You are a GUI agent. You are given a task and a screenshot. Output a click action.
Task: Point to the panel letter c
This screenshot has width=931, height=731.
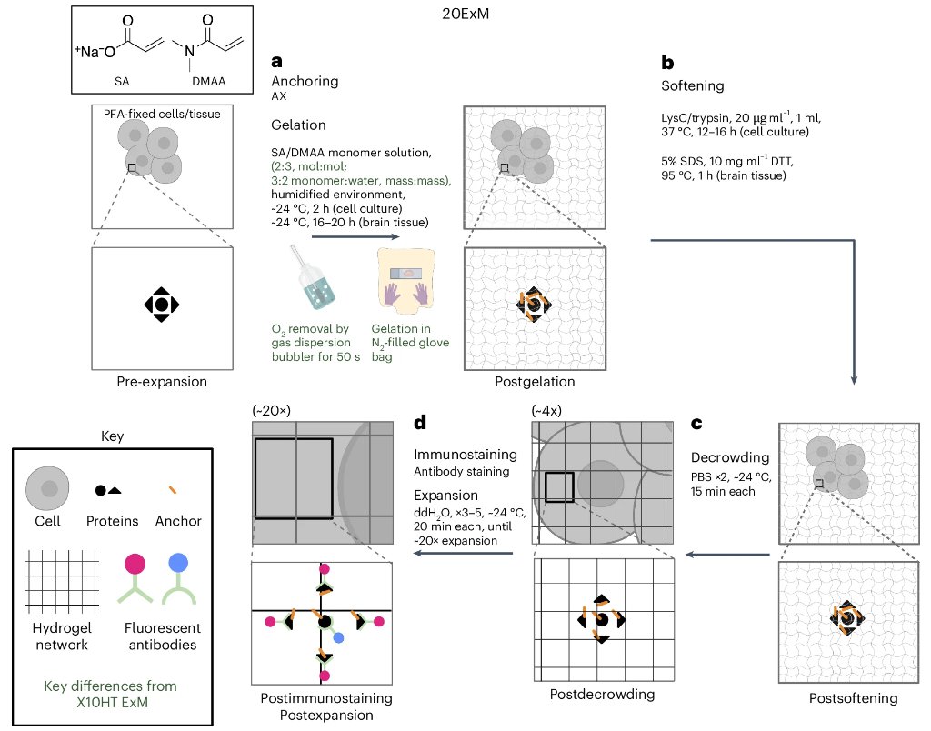696,424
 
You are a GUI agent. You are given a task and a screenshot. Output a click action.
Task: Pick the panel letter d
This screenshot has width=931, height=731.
419,424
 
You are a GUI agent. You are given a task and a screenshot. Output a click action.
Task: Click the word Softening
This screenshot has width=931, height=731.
692,86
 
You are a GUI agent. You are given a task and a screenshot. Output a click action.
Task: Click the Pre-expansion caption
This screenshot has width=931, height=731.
161,382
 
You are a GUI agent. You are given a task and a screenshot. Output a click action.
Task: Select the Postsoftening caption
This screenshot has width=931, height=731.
853,698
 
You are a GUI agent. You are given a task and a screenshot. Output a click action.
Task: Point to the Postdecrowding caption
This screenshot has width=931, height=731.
602,695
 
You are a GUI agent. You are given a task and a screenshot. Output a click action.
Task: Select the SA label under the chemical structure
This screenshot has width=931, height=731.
122,80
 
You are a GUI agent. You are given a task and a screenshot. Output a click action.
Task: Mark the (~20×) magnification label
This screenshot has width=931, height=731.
272,411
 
